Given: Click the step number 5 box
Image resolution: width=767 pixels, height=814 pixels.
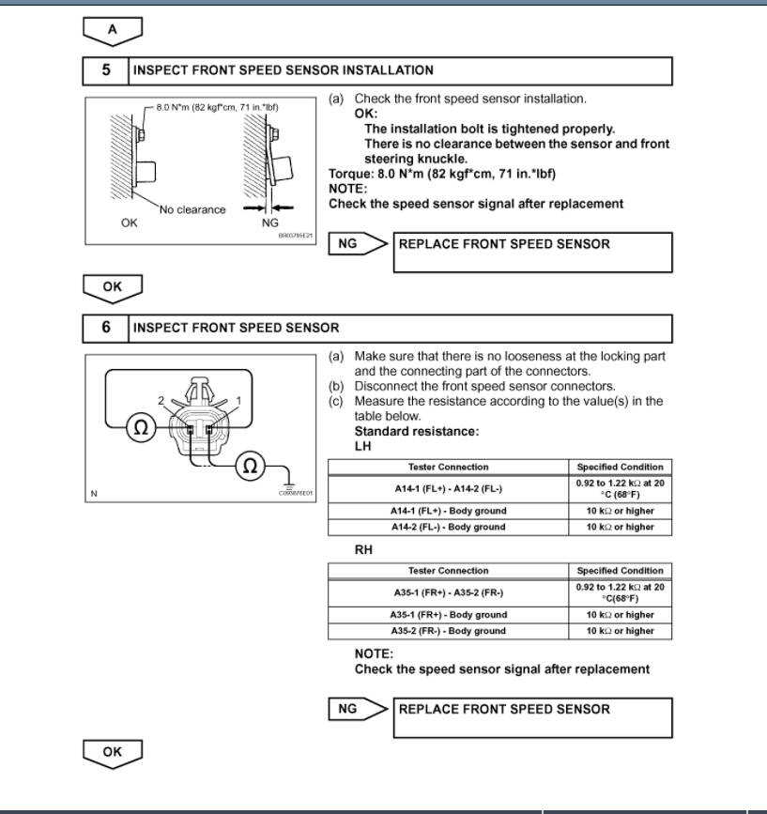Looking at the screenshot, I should (x=105, y=70).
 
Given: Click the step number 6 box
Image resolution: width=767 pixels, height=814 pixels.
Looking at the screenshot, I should (x=105, y=328).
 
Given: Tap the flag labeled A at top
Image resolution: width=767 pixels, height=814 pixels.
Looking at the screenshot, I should (x=113, y=30).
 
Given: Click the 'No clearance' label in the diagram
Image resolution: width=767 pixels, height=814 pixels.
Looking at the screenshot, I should (x=192, y=209).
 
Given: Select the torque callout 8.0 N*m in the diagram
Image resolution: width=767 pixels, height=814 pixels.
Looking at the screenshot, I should (x=217, y=107).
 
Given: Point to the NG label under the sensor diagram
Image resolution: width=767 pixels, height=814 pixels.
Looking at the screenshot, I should (x=269, y=223).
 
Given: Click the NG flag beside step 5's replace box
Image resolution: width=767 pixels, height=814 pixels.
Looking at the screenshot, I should (x=348, y=244).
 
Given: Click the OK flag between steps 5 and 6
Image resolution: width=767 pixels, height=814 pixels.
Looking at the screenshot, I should (x=113, y=286).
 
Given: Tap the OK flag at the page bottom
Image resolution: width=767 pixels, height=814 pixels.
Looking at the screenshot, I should (x=113, y=751).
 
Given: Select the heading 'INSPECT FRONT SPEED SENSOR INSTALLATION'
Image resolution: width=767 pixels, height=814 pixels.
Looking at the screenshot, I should (x=284, y=70).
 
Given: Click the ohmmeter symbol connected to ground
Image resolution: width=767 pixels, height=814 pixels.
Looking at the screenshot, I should (x=249, y=464).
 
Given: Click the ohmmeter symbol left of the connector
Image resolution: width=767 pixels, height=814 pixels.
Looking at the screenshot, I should (x=140, y=427).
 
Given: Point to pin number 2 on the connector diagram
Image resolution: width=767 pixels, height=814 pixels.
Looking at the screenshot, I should (x=161, y=401).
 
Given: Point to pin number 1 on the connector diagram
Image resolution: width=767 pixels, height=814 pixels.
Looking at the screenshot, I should (x=239, y=401).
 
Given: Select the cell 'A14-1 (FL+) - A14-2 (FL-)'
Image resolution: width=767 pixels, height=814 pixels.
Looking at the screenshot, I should (x=449, y=488).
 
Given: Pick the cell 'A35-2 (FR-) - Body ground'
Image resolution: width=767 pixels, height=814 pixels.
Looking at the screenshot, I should (x=449, y=631).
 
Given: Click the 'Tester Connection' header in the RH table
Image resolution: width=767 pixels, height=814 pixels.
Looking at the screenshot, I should (x=449, y=571).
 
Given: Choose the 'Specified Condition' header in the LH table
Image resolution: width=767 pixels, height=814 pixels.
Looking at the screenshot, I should (x=620, y=467).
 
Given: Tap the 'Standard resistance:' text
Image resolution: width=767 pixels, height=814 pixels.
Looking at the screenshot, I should (x=404, y=431).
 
